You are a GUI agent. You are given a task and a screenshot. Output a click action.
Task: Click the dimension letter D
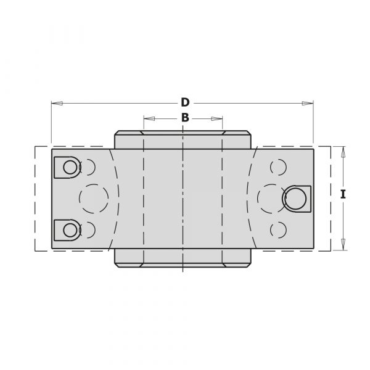(185, 102)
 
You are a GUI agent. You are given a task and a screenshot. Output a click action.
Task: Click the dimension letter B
(185, 118)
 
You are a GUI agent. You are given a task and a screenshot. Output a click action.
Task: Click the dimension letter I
(343, 194)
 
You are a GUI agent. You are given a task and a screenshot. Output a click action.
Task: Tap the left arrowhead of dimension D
(57, 103)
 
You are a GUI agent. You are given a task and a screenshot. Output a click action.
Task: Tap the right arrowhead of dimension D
(308, 103)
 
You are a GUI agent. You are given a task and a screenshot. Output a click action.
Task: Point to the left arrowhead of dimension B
(149, 118)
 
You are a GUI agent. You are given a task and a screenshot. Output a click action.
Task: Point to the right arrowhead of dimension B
(217, 118)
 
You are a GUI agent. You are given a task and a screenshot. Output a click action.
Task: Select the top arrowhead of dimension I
(343, 152)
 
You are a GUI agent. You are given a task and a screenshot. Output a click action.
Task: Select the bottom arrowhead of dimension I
(343, 244)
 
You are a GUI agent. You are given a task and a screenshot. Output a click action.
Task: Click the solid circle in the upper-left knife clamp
(70, 167)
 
